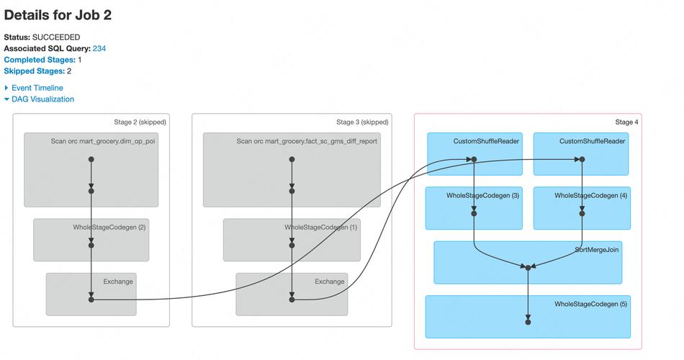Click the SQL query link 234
point(99,48)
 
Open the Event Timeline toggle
point(37,88)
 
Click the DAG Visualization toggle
point(42,99)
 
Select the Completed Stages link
point(39,60)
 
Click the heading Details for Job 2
point(58,14)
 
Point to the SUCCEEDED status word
point(56,37)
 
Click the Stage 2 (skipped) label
point(140,122)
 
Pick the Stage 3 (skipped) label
point(362,122)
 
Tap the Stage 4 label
point(626,122)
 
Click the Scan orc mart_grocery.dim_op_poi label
point(103,141)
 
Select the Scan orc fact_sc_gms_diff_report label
point(307,141)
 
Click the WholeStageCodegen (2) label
point(109,228)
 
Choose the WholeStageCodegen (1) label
point(321,228)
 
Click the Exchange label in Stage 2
point(118,282)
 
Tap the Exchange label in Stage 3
point(330,282)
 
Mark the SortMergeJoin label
point(598,250)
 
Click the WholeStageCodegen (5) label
point(590,305)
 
